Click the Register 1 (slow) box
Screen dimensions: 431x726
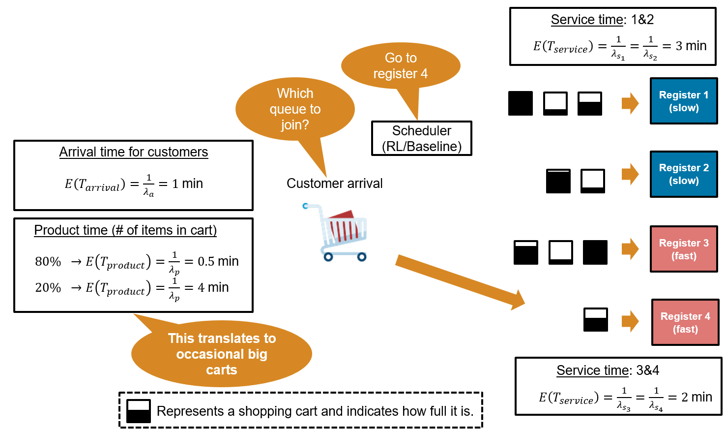pos(683,101)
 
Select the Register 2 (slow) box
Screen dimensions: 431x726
pos(683,174)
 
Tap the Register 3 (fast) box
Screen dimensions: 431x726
pos(683,249)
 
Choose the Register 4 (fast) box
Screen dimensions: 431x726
pos(685,322)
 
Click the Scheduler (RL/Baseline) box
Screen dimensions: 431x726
pos(421,138)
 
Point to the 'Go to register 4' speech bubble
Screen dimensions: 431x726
pos(401,66)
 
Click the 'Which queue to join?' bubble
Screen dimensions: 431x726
pos(295,109)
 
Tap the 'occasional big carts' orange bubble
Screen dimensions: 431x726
pos(222,354)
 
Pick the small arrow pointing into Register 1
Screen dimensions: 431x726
pos(630,103)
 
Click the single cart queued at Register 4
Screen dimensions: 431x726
pos(595,320)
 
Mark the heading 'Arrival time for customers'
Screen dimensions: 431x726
pos(133,152)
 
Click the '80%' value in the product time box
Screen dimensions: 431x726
pos(48,262)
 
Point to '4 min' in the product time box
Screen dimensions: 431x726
pos(213,287)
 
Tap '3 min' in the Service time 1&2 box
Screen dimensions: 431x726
pos(691,46)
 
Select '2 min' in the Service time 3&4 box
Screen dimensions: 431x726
pos(697,397)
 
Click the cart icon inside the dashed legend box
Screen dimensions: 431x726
pos(139,411)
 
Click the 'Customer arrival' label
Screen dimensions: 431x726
pos(334,184)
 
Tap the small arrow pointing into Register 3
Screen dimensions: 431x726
pos(630,248)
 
